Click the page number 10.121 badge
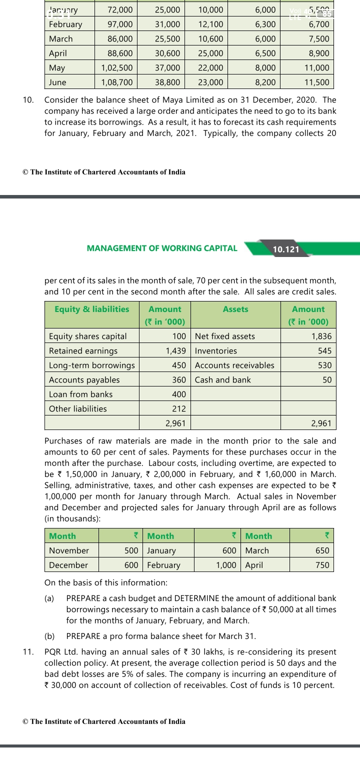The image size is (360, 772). (285, 249)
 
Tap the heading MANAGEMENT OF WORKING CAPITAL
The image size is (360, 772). (162, 248)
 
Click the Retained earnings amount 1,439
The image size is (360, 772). (175, 351)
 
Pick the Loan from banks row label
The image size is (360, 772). (80, 394)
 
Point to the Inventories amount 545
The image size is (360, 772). (324, 351)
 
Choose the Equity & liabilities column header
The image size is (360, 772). (91, 309)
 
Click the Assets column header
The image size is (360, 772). (235, 309)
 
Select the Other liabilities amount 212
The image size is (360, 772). (178, 409)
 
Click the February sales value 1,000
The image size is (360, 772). (226, 565)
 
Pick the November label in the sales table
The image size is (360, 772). (69, 550)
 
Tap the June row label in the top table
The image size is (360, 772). (57, 82)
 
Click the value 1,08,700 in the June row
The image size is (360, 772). (117, 82)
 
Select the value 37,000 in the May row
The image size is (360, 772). (167, 68)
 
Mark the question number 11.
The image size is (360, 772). (28, 652)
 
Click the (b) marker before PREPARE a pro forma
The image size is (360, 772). (49, 636)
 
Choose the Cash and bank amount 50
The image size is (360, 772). (326, 380)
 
